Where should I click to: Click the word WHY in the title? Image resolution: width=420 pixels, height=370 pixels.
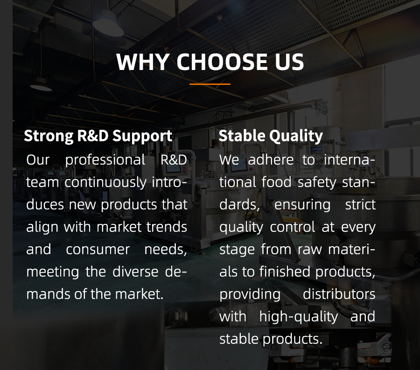(x=143, y=62)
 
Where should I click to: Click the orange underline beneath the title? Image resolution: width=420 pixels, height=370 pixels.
(x=210, y=84)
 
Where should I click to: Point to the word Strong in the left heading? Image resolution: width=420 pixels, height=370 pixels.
(x=49, y=136)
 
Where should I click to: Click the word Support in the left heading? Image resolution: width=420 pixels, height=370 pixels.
(x=142, y=136)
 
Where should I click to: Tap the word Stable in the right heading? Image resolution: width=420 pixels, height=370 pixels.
(x=242, y=135)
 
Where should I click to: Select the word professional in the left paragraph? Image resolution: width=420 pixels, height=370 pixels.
(x=105, y=161)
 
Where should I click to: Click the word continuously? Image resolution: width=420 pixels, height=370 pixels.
(x=105, y=182)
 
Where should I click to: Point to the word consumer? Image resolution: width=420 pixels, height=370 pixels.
(x=98, y=250)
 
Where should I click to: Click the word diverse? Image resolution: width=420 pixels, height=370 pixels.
(x=135, y=272)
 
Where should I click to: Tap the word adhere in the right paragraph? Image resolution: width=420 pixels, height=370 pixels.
(x=271, y=160)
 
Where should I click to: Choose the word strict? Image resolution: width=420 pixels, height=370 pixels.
(x=360, y=205)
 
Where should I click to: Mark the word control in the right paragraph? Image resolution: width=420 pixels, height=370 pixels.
(x=292, y=227)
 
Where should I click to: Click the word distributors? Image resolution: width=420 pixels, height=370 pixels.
(x=339, y=294)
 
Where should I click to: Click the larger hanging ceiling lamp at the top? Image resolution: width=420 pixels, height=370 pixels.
(x=108, y=23)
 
